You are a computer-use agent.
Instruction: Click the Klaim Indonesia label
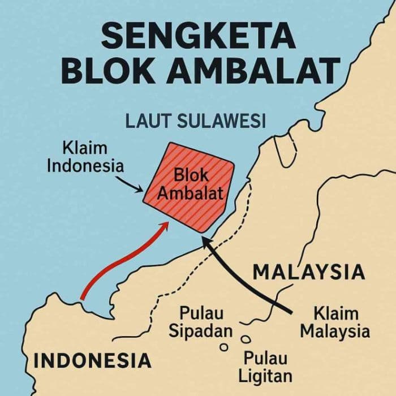(85, 158)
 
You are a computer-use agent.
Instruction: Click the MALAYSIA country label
(309, 273)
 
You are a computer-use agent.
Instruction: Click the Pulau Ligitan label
(265, 366)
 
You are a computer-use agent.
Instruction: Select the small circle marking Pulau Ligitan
(246, 339)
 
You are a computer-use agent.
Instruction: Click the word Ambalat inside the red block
(190, 193)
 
